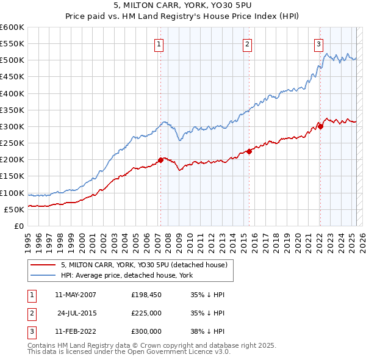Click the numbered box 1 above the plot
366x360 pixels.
(159, 43)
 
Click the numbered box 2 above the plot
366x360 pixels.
(248, 43)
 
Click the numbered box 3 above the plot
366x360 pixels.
(318, 43)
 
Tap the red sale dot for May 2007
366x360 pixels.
(160, 160)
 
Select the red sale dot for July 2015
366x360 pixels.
(249, 151)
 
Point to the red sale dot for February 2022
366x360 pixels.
(320, 126)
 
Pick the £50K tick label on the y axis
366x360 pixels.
(15, 209)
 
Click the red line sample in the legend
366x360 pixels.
(43, 265)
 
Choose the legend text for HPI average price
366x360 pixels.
(127, 275)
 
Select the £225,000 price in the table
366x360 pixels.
(146, 313)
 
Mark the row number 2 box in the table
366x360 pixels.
(32, 313)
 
